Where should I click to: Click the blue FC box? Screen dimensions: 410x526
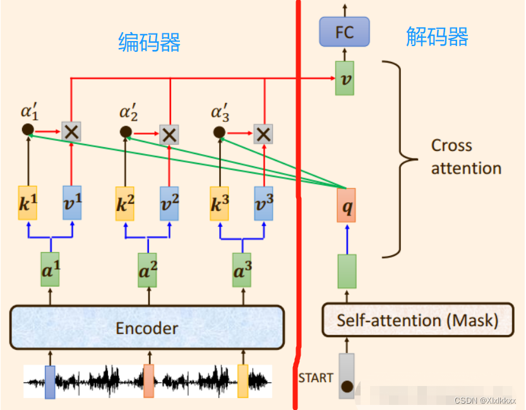tap(344, 32)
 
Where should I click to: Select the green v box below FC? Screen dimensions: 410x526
tap(344, 78)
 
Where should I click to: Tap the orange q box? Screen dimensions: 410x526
tap(346, 205)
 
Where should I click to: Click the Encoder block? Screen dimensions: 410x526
tap(146, 328)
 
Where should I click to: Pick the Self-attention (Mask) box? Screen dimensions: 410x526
tap(417, 320)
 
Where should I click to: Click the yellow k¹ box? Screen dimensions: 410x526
tap(28, 203)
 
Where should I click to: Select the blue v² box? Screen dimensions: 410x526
tap(169, 203)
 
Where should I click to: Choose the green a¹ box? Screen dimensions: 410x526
tap(50, 270)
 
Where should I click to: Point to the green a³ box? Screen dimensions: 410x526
tap(242, 270)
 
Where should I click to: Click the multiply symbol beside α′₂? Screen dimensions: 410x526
tap(168, 134)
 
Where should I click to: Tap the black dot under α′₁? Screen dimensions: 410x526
tap(27, 130)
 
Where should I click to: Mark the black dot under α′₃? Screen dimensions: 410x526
tap(219, 132)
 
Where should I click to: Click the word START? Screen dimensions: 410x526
tap(316, 378)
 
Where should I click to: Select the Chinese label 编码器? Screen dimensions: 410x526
tap(150, 42)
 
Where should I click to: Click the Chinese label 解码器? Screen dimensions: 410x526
tap(437, 37)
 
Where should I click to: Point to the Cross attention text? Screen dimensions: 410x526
tap(466, 157)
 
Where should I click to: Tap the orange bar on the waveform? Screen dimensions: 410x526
tap(148, 381)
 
